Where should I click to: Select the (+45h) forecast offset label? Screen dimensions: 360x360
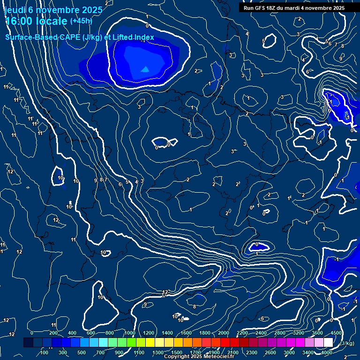81,21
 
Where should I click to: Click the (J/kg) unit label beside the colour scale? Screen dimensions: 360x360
346,343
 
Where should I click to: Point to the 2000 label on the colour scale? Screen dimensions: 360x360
224,333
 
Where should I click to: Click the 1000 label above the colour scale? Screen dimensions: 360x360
130,333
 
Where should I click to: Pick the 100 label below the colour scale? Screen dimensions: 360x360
45,352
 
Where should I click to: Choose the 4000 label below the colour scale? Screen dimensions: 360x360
327,352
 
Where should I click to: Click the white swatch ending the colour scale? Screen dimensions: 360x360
331,343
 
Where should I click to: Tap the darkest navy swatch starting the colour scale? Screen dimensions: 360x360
28,343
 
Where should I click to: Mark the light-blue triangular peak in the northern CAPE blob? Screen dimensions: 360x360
145,69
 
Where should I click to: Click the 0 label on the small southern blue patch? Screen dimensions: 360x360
257,245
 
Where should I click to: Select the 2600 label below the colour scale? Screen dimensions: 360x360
270,352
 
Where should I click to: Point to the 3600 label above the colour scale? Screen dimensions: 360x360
317,333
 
